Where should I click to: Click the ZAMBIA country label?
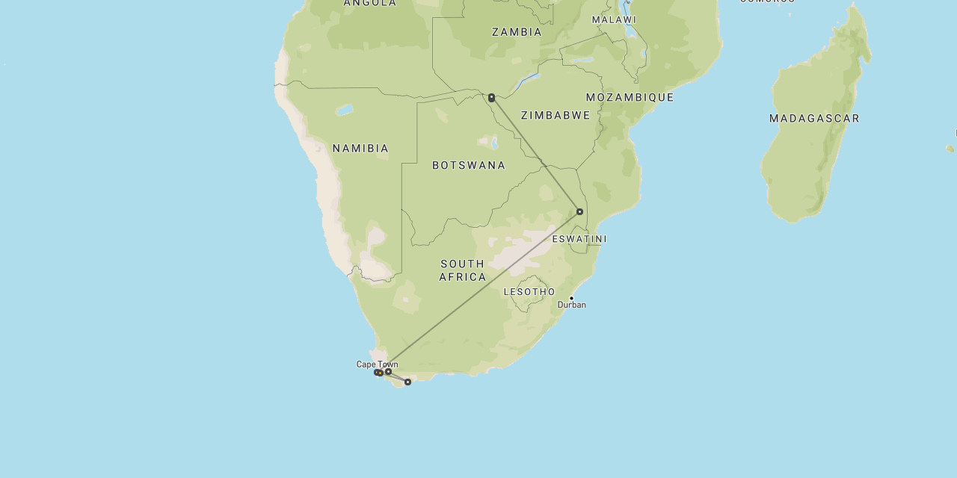517,32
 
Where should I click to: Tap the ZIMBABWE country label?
556,115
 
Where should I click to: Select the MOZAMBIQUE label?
630,98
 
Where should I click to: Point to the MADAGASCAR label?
814,118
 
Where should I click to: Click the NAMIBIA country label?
360,149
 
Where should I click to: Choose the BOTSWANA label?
469,165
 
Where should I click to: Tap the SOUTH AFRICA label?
462,270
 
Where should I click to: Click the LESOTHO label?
529,291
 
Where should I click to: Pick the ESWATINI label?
579,239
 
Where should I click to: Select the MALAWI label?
614,19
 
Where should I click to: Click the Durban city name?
572,305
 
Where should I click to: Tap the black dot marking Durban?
571,298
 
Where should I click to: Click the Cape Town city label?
377,364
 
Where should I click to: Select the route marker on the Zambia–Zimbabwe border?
491,98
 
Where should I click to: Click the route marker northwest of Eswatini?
579,211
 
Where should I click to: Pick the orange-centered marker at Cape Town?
381,373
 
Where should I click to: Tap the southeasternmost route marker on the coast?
407,382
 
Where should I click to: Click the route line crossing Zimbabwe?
535,155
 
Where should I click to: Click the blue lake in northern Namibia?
344,111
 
